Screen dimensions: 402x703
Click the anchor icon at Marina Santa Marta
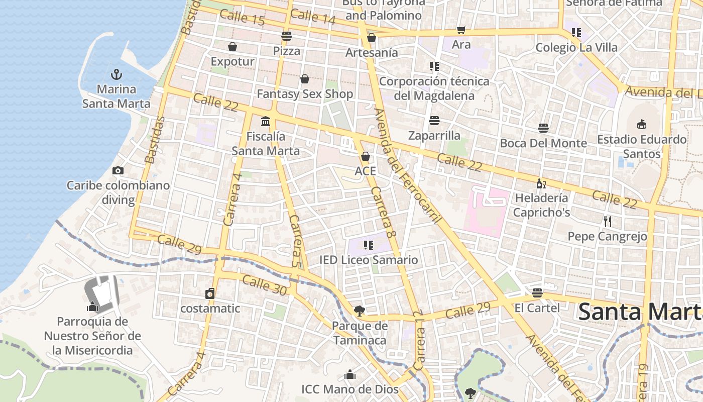pos(116,75)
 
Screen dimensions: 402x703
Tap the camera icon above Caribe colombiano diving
pos(118,171)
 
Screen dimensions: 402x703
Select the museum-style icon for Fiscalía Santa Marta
pos(266,121)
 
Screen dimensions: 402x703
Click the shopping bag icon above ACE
pos(366,156)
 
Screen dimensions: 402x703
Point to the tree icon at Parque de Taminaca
pos(360,311)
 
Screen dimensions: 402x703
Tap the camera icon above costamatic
pos(210,293)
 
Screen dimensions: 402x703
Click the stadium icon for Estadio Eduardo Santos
pos(641,124)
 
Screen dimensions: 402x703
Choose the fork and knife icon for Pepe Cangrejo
pos(607,221)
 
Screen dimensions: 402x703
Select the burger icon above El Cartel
pos(537,292)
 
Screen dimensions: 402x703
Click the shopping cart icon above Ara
pos(461,30)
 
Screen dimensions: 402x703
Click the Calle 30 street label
pos(264,285)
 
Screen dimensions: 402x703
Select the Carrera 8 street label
pos(384,213)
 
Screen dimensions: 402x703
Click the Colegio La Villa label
pos(576,48)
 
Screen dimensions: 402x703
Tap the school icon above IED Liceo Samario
pos(369,245)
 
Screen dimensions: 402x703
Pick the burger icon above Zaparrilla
pos(434,121)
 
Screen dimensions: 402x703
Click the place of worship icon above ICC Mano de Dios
pos(350,375)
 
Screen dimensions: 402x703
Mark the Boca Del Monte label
pos(543,143)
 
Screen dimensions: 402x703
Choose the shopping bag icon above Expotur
pos(232,47)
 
